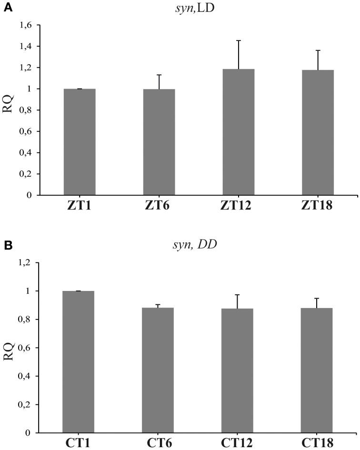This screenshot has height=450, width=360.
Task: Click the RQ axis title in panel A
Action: coord(9,110)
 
